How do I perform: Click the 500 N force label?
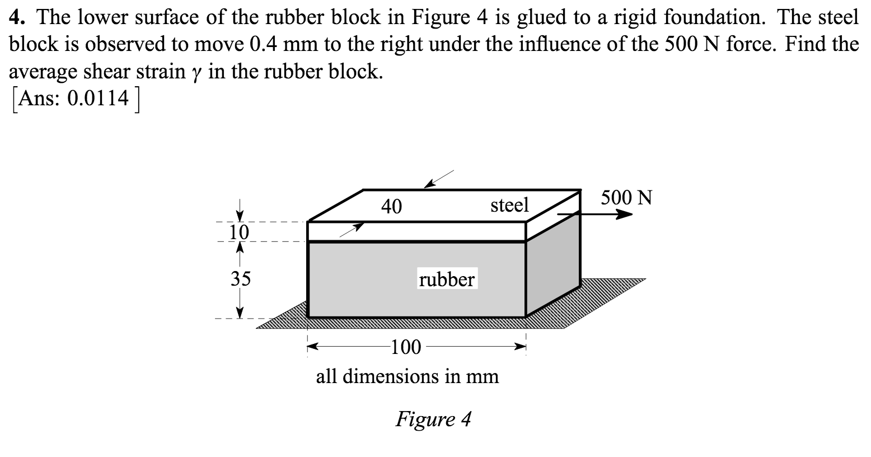(626, 198)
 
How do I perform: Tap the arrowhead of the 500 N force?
(625, 214)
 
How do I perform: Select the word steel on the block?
(509, 205)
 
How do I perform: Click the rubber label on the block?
(447, 279)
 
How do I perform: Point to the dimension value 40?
(391, 207)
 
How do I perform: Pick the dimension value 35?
(241, 278)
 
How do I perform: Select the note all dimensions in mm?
(407, 376)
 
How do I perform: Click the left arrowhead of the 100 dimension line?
(312, 348)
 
